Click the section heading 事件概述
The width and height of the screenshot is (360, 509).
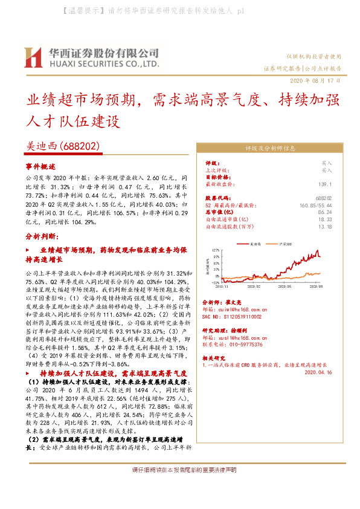tap(40, 166)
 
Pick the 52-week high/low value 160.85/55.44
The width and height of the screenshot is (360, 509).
tap(315, 205)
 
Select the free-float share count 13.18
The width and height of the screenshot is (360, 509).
tap(325, 227)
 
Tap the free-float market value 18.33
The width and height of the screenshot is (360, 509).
tap(325, 219)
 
